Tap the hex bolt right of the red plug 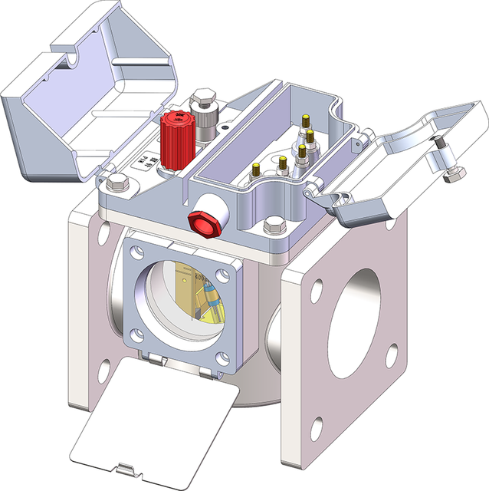point(272,227)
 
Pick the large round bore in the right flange point(356,306)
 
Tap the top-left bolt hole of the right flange point(314,292)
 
